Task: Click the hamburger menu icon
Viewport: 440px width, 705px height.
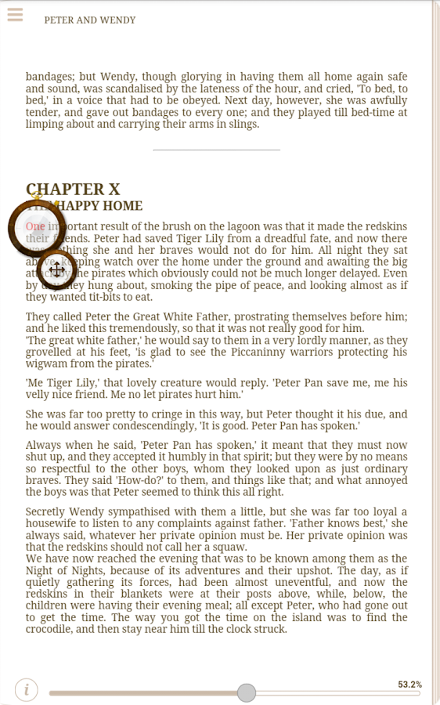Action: (x=14, y=15)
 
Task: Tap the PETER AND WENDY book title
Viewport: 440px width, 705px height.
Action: (x=89, y=20)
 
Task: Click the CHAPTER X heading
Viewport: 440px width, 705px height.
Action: (x=74, y=190)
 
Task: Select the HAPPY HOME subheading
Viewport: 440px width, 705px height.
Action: (x=99, y=206)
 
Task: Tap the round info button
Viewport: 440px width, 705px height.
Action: (x=27, y=690)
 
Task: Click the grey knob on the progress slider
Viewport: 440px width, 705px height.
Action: (x=247, y=692)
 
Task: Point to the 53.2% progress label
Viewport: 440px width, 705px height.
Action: (x=409, y=685)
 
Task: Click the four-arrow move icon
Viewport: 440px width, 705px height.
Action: (x=56, y=270)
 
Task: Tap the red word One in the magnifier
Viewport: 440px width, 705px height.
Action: (x=35, y=226)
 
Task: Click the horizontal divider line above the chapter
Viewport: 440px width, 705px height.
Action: (x=216, y=150)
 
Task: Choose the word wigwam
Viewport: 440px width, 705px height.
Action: (x=48, y=363)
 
